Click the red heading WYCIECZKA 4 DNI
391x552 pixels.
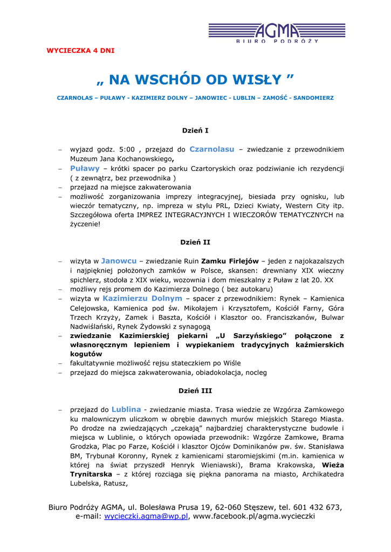click(x=80, y=51)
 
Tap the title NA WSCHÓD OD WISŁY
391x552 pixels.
click(x=195, y=80)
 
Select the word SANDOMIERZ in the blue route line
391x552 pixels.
click(x=313, y=98)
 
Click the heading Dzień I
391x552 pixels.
click(x=195, y=130)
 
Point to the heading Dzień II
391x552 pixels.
click(x=195, y=242)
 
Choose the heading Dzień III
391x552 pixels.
click(x=195, y=390)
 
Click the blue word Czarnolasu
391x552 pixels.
click(x=211, y=149)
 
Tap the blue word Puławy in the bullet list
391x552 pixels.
click(x=85, y=168)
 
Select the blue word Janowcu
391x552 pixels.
click(x=119, y=260)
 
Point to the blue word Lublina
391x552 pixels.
click(x=126, y=409)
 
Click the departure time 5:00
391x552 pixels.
click(x=126, y=149)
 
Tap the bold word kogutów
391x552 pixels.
click(x=86, y=354)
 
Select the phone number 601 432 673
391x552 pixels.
click(x=318, y=507)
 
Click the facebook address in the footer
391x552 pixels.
click(x=253, y=516)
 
